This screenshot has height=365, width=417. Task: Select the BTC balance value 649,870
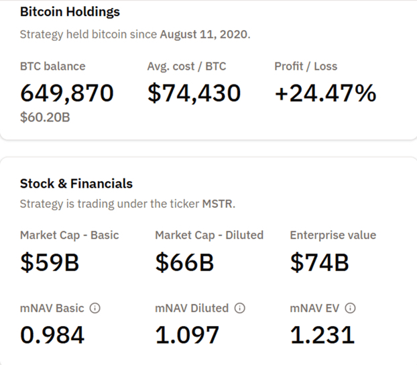[67, 93]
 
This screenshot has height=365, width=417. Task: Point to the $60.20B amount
[45, 118]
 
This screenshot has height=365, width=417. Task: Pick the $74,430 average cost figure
[194, 93]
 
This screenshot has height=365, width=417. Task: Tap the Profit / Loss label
[306, 66]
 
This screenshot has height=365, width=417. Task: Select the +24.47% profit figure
[325, 93]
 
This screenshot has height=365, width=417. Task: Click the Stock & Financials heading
[76, 183]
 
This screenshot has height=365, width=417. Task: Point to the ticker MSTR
[219, 204]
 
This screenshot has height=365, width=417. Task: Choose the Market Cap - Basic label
[70, 236]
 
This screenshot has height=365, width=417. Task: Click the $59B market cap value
[50, 262]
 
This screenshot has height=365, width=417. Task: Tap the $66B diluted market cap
[184, 262]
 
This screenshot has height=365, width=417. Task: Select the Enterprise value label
[333, 236]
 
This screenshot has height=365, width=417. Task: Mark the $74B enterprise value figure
[319, 262]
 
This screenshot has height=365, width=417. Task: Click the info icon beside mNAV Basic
[95, 309]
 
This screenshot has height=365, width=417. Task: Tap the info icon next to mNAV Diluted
[239, 309]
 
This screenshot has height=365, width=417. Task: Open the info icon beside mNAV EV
[349, 309]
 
